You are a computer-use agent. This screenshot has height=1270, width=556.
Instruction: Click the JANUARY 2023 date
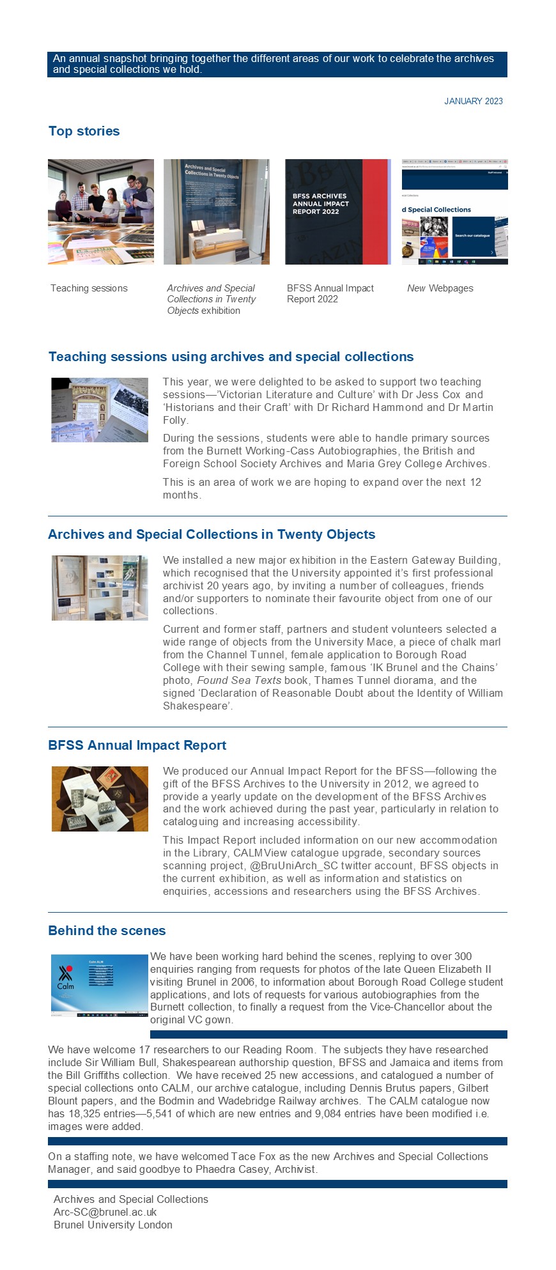473,101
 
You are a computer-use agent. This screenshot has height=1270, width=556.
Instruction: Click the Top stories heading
84,131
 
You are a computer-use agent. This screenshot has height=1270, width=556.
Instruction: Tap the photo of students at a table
101,212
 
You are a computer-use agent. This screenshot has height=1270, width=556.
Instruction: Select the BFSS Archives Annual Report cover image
337,212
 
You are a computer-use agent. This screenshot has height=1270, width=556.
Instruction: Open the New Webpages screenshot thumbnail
454,212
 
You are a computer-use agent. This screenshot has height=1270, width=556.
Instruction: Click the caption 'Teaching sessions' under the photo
89,288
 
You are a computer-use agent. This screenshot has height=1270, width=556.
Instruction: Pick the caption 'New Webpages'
440,288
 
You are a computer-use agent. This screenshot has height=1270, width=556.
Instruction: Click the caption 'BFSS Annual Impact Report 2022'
330,293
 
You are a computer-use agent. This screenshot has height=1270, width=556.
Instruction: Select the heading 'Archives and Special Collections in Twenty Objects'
212,534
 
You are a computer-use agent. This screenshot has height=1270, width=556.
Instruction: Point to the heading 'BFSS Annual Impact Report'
137,745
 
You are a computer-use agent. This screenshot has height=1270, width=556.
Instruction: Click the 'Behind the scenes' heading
107,931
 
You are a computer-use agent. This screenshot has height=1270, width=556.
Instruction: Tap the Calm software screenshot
100,985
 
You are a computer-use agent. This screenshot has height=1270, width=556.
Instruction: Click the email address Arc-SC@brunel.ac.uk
105,1212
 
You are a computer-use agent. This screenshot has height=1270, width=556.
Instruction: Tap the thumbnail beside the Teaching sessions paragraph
100,410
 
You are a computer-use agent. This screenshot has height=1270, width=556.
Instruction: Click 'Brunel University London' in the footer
112,1225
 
